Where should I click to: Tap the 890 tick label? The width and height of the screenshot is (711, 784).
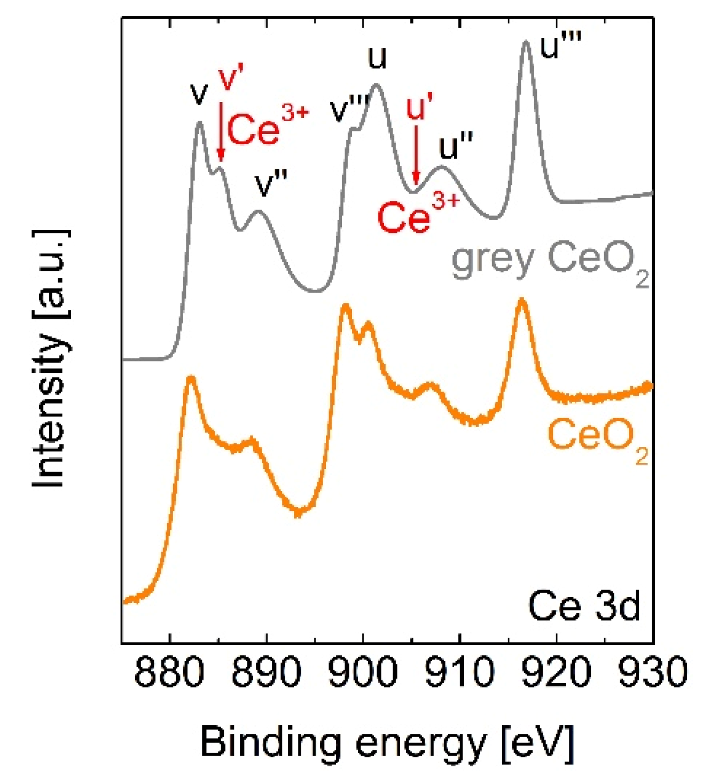(x=266, y=672)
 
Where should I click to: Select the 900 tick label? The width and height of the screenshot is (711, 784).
(x=363, y=672)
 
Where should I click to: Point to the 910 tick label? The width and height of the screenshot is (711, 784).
(x=460, y=672)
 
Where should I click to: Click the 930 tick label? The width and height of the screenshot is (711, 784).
(x=652, y=672)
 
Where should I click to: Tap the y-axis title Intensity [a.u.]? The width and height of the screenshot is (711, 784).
(x=51, y=359)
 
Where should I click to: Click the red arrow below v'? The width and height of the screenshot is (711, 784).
(x=221, y=131)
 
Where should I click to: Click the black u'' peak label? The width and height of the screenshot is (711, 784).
(x=456, y=147)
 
